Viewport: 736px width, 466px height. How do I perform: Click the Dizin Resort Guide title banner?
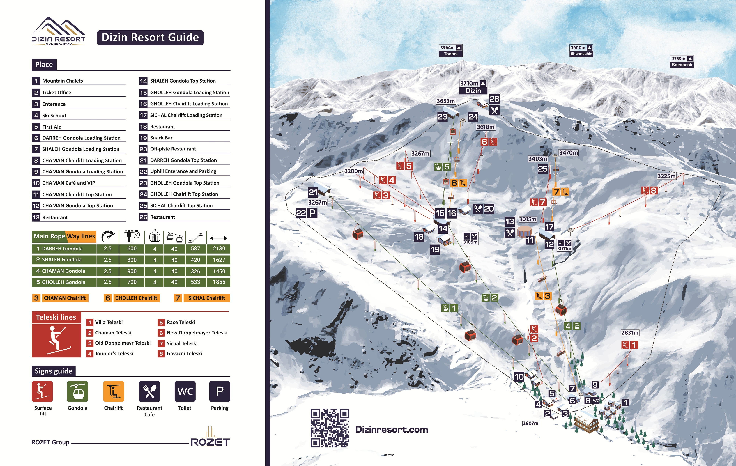(x=150, y=38)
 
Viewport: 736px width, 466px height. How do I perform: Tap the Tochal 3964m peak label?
(x=451, y=50)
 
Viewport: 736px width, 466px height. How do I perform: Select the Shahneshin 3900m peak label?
(x=581, y=50)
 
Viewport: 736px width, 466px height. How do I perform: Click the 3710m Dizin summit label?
(x=473, y=87)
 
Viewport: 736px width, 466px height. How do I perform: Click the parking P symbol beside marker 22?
(x=312, y=213)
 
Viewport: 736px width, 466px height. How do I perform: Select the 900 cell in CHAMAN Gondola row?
(x=132, y=271)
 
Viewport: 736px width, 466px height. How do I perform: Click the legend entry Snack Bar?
(x=161, y=138)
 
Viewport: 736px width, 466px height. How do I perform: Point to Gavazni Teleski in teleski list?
(x=184, y=354)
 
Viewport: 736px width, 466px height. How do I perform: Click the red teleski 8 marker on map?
(x=650, y=190)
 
